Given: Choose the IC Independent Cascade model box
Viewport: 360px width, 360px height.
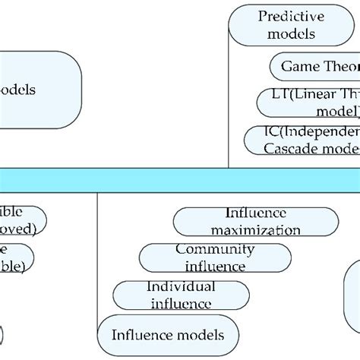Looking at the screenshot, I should (304, 140).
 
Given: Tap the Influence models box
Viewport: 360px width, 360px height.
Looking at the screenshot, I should (168, 335).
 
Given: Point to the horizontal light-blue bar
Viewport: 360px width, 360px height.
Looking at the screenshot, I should (180, 179).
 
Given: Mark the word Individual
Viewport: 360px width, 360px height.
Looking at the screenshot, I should (180, 286).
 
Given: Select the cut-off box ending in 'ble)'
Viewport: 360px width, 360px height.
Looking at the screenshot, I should (15, 258).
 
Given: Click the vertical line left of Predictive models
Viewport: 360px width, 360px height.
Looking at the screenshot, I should (229, 91).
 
